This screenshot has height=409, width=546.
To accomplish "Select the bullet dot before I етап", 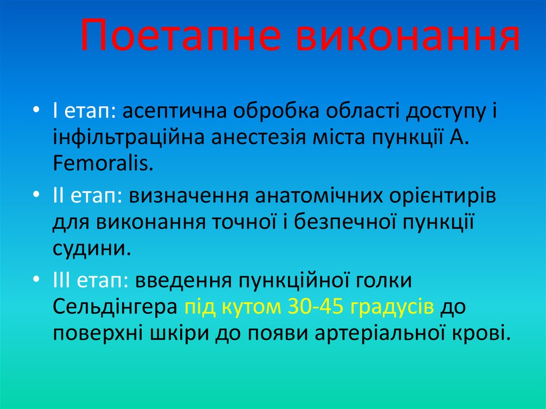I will click(36, 110).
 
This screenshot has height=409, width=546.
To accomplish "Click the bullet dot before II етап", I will click(36, 195).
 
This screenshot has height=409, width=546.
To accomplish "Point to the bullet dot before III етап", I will click(36, 279).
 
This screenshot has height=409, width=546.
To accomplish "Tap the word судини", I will click(91, 249).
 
